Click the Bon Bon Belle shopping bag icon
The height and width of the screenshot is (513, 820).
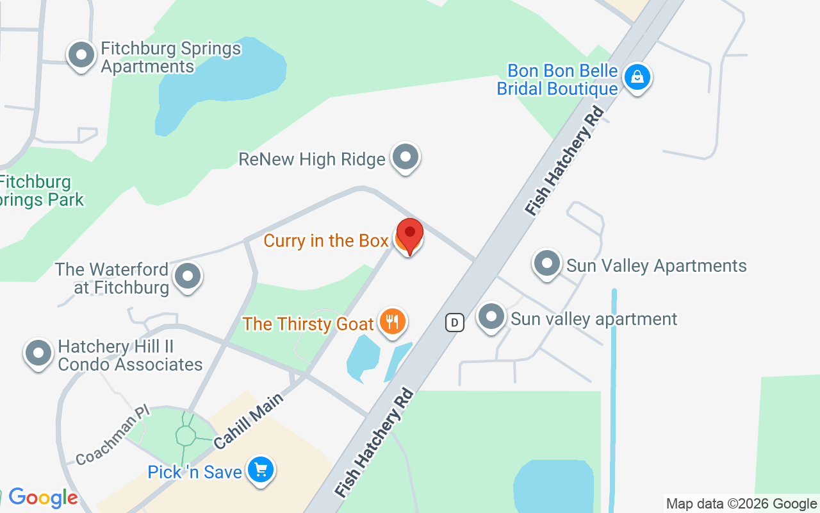637,78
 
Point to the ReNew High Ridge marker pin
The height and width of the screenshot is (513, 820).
405,157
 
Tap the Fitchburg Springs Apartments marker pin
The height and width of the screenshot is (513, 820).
81,56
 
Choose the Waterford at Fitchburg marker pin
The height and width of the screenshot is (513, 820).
188,277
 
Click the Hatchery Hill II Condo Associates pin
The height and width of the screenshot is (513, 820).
38,353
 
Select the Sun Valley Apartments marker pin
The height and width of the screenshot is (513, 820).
547,264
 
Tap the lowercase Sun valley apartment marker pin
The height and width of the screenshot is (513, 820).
491,317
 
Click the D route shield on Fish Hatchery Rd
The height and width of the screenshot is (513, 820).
454,322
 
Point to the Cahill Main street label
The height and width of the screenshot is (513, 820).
249,421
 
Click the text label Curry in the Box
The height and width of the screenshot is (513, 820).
326,240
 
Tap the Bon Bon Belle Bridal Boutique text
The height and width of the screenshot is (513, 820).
557,80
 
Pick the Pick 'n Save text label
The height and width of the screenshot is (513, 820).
195,472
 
